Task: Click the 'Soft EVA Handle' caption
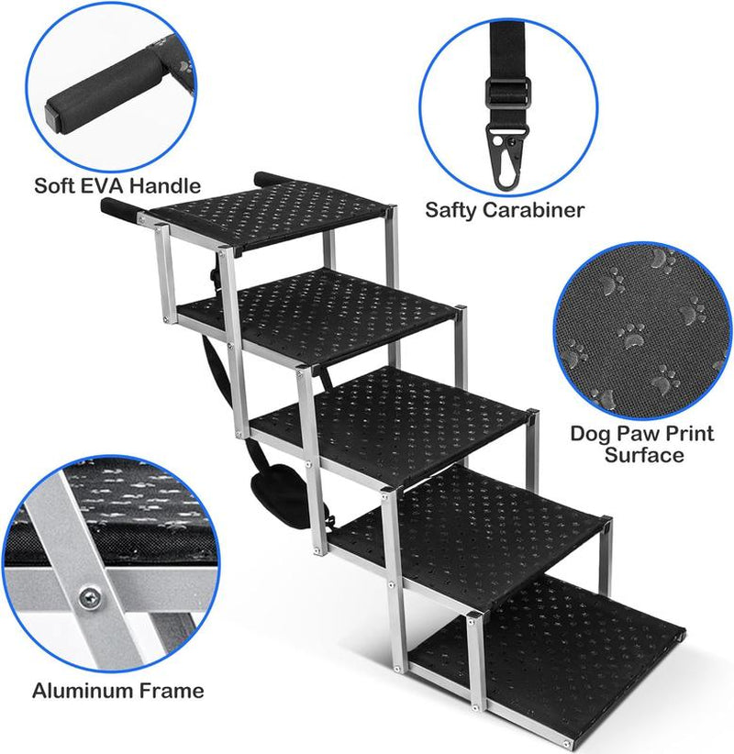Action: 117,186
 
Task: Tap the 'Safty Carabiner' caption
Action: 505,210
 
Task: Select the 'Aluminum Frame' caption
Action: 118,690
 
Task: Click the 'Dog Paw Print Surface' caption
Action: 641,443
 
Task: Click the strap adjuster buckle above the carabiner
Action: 508,91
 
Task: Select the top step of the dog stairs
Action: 272,212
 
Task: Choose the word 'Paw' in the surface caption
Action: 630,432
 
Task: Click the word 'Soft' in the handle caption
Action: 54,186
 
